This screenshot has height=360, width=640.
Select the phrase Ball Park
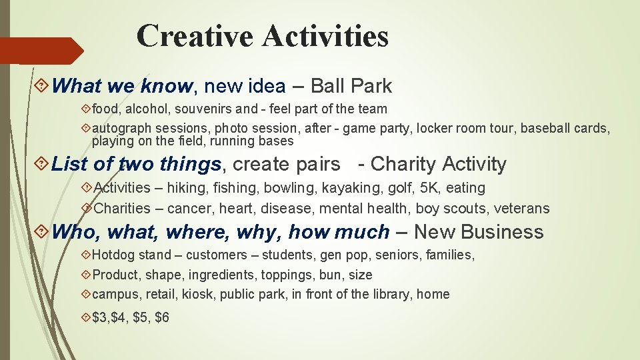pos(351,86)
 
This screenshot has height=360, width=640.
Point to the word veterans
pos(521,209)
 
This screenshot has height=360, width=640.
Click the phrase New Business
pos(479,232)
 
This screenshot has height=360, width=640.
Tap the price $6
pos(162,317)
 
